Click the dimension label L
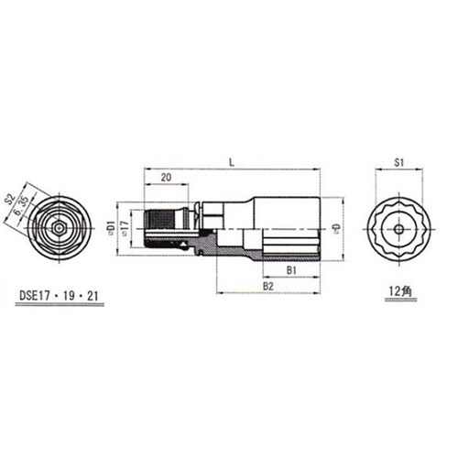234,160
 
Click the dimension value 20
165,179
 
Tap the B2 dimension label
269,287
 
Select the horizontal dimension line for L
234,169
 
